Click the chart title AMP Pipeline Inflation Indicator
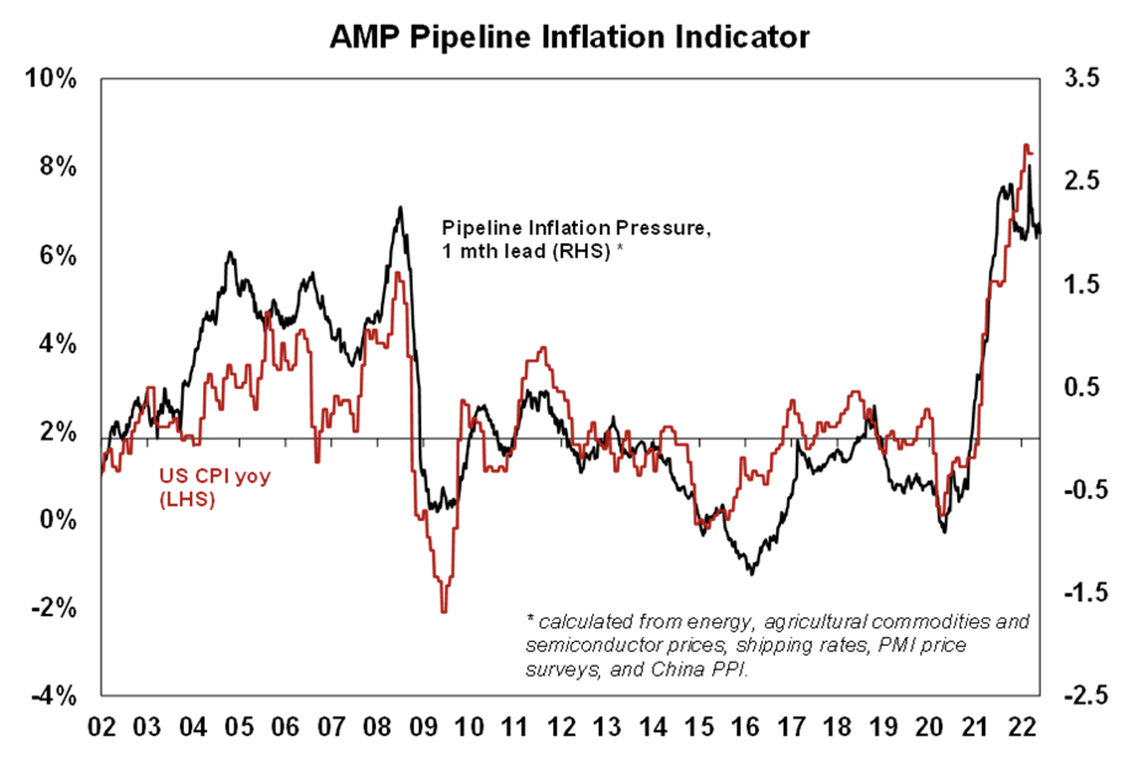570,36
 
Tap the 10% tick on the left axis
51,78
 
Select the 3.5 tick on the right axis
1081,78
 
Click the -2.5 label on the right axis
1084,695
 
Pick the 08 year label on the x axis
377,727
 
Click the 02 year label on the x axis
102,727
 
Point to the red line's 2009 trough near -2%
444,611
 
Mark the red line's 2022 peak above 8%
1026,145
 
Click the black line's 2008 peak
400,208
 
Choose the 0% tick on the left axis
58,520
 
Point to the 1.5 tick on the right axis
1081,284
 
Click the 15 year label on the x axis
699,727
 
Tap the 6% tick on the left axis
58,255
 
